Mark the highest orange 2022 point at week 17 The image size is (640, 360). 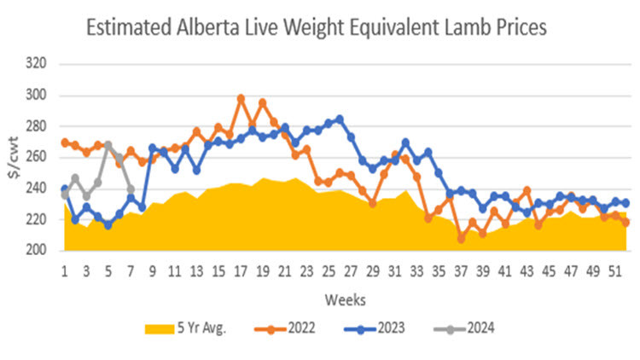coord(241,99)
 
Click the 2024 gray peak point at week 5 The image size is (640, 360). coord(108,145)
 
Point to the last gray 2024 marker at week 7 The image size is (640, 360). coord(131,189)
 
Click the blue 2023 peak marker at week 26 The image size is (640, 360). coord(340,119)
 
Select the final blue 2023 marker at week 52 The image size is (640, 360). coord(625,203)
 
